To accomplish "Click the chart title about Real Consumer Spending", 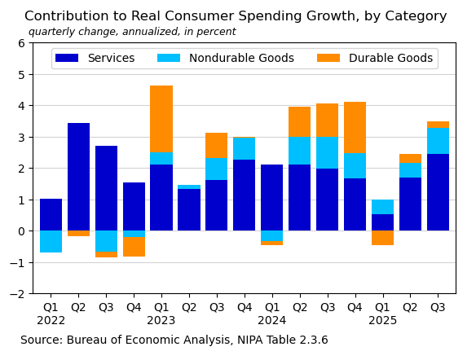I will point(236,16).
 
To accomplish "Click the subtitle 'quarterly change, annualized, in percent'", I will point(132,33).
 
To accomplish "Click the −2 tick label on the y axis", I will point(20,294).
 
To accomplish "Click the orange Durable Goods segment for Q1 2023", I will point(161,119).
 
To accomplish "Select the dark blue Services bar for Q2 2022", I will point(78,177).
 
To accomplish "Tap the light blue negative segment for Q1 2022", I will point(51,241).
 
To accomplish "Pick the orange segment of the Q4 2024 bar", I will point(355,127).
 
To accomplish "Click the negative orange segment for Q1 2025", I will point(382,238).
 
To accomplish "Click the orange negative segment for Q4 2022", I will point(134,247).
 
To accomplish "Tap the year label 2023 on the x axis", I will point(161,321).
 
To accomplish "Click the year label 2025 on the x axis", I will point(382,321).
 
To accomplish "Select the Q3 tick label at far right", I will point(438,307).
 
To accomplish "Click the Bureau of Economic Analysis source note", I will point(174,340).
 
